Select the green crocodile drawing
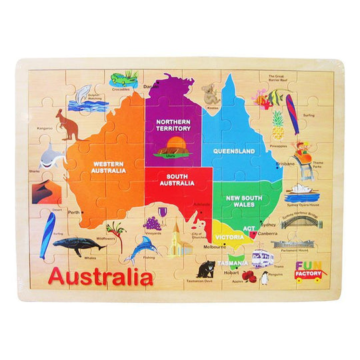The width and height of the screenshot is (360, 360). [x=124, y=79]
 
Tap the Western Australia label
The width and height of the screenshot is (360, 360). [x=109, y=166]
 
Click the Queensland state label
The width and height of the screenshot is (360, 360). [x=234, y=151]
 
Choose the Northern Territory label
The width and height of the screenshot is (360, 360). [x=174, y=125]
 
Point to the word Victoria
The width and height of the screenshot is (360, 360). [x=230, y=237]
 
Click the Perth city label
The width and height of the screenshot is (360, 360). [x=73, y=213]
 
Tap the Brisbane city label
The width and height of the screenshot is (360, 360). [x=285, y=163]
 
